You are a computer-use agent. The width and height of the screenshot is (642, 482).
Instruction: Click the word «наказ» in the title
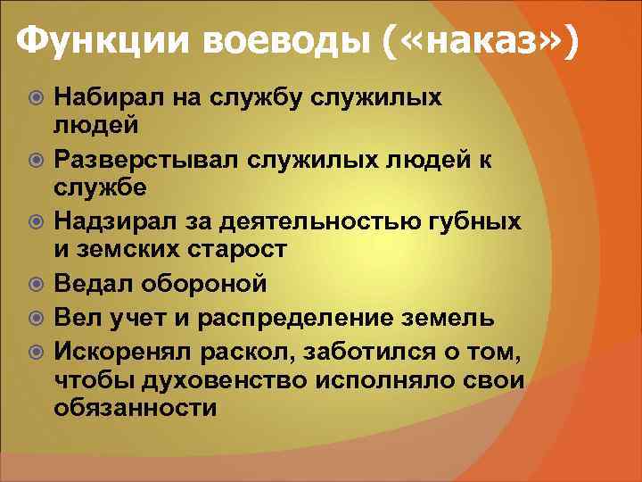pyautogui.click(x=475, y=41)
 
